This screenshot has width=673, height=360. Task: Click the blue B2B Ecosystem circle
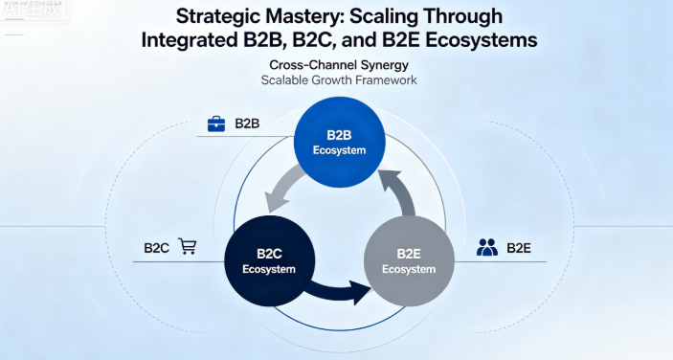point(339,143)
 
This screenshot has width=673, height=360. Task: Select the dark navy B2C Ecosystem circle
point(270,260)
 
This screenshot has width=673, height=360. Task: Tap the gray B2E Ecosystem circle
point(409,260)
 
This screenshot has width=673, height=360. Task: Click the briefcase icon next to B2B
point(216,124)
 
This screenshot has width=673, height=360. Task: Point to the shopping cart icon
point(188,247)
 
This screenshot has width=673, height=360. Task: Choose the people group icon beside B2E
point(487,248)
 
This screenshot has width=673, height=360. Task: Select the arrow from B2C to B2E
point(339,292)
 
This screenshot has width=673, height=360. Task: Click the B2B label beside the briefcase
point(247,124)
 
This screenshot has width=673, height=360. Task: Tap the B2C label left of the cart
point(157,248)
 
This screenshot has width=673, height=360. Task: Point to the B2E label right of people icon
point(519,248)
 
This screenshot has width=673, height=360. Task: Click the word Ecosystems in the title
point(482,40)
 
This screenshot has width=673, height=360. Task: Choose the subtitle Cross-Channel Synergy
point(339,65)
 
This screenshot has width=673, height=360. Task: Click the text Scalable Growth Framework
point(339,80)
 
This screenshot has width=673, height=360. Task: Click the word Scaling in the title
point(384,17)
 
